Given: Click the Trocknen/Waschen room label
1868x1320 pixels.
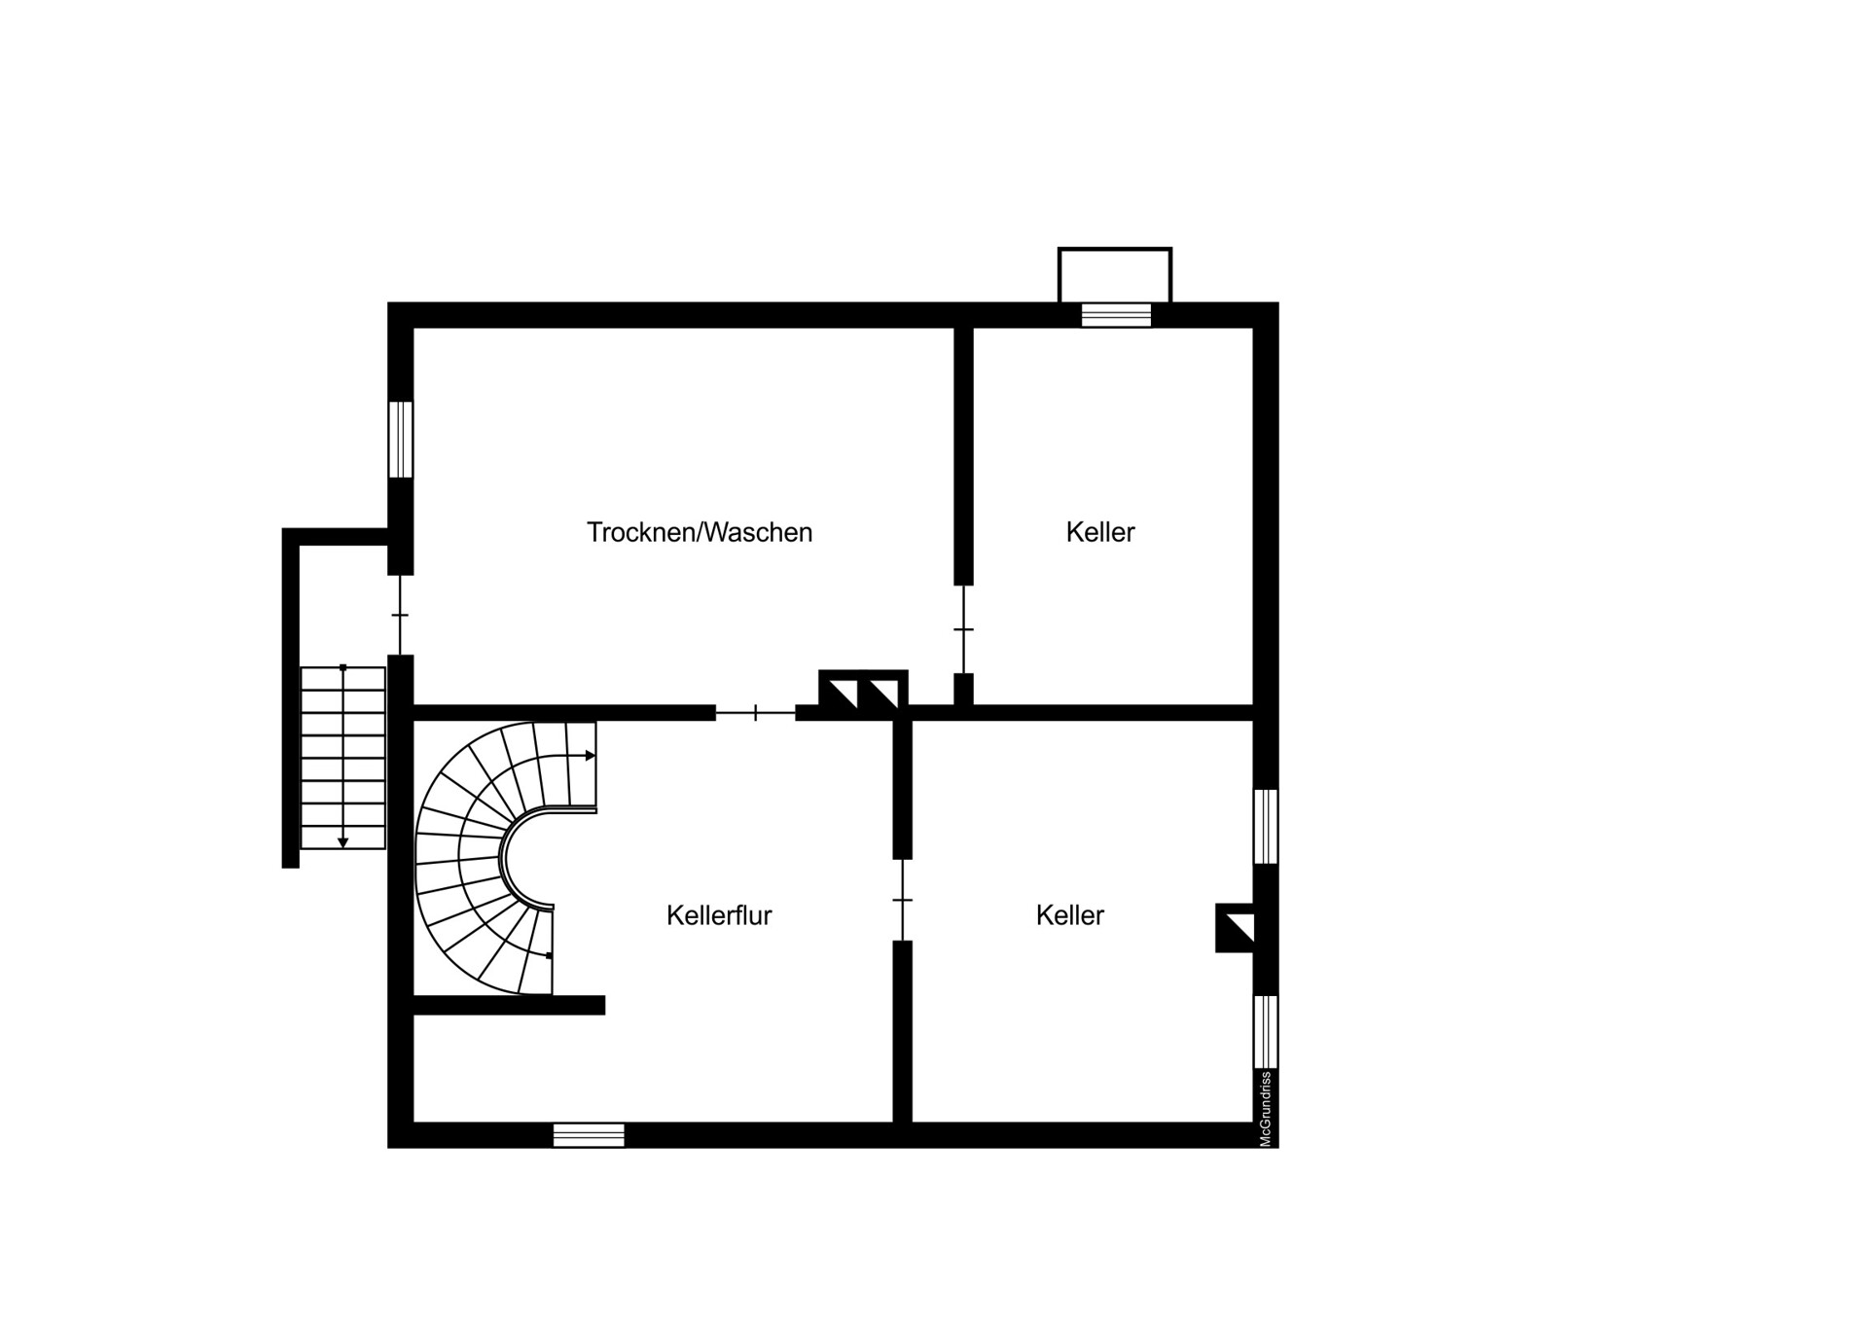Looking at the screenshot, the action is [699, 532].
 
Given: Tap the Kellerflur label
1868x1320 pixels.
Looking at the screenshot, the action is [719, 915].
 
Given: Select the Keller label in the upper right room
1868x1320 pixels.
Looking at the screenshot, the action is [1100, 532].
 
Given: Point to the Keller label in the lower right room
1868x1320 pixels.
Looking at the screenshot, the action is [1070, 915].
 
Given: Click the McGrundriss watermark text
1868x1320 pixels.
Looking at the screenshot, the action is [1266, 1109].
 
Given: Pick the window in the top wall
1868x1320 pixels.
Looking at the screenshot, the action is [1116, 315].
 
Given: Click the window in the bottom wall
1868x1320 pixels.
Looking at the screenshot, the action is [589, 1135].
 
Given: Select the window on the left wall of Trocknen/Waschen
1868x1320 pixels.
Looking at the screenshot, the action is [401, 440].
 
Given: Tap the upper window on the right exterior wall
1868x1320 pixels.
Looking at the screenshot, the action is [1266, 826].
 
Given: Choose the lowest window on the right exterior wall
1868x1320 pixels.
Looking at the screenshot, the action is [1266, 1032].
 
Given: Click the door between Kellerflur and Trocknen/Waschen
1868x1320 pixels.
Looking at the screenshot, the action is [756, 714].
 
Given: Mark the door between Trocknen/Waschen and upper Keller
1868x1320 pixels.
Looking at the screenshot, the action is [963, 629].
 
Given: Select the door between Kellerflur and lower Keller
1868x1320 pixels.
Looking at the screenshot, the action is [903, 900].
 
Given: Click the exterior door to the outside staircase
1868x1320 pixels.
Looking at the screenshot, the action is [400, 615].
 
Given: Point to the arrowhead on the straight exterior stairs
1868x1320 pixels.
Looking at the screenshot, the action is [343, 842].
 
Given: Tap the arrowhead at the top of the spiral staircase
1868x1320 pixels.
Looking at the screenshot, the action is [591, 756].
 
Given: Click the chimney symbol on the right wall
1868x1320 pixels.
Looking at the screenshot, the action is [1235, 928].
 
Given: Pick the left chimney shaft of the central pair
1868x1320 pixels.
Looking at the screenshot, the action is [839, 694].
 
